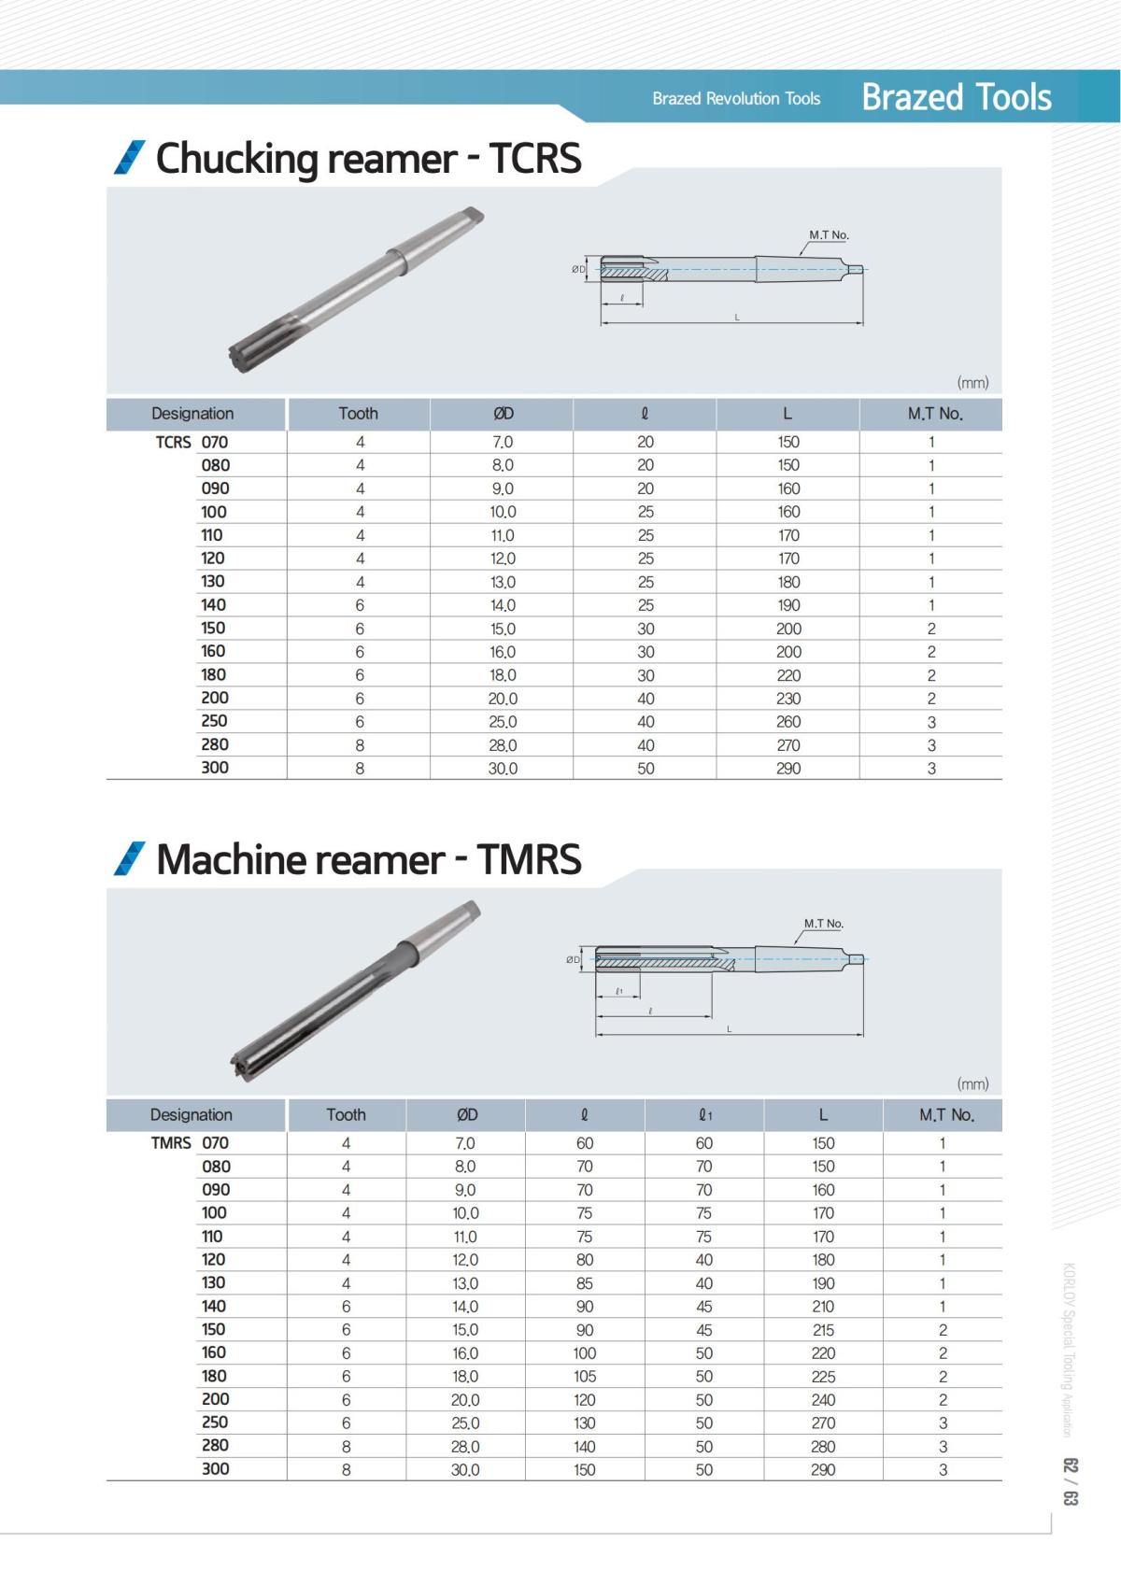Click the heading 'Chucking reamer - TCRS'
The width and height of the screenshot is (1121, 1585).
tap(368, 158)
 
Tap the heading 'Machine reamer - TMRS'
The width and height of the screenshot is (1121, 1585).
tap(368, 859)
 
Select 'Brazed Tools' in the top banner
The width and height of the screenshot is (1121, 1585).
tap(956, 97)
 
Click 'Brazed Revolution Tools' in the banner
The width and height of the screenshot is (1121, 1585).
tap(736, 98)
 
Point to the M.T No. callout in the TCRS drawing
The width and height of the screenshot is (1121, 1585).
tap(829, 235)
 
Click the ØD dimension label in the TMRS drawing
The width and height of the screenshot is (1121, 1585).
tap(573, 959)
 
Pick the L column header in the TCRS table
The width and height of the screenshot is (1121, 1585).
tap(787, 414)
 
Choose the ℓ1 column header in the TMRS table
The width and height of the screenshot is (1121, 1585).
tap(705, 1115)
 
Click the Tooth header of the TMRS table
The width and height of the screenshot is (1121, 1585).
tap(346, 1115)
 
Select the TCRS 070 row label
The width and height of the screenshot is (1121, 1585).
tap(192, 442)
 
